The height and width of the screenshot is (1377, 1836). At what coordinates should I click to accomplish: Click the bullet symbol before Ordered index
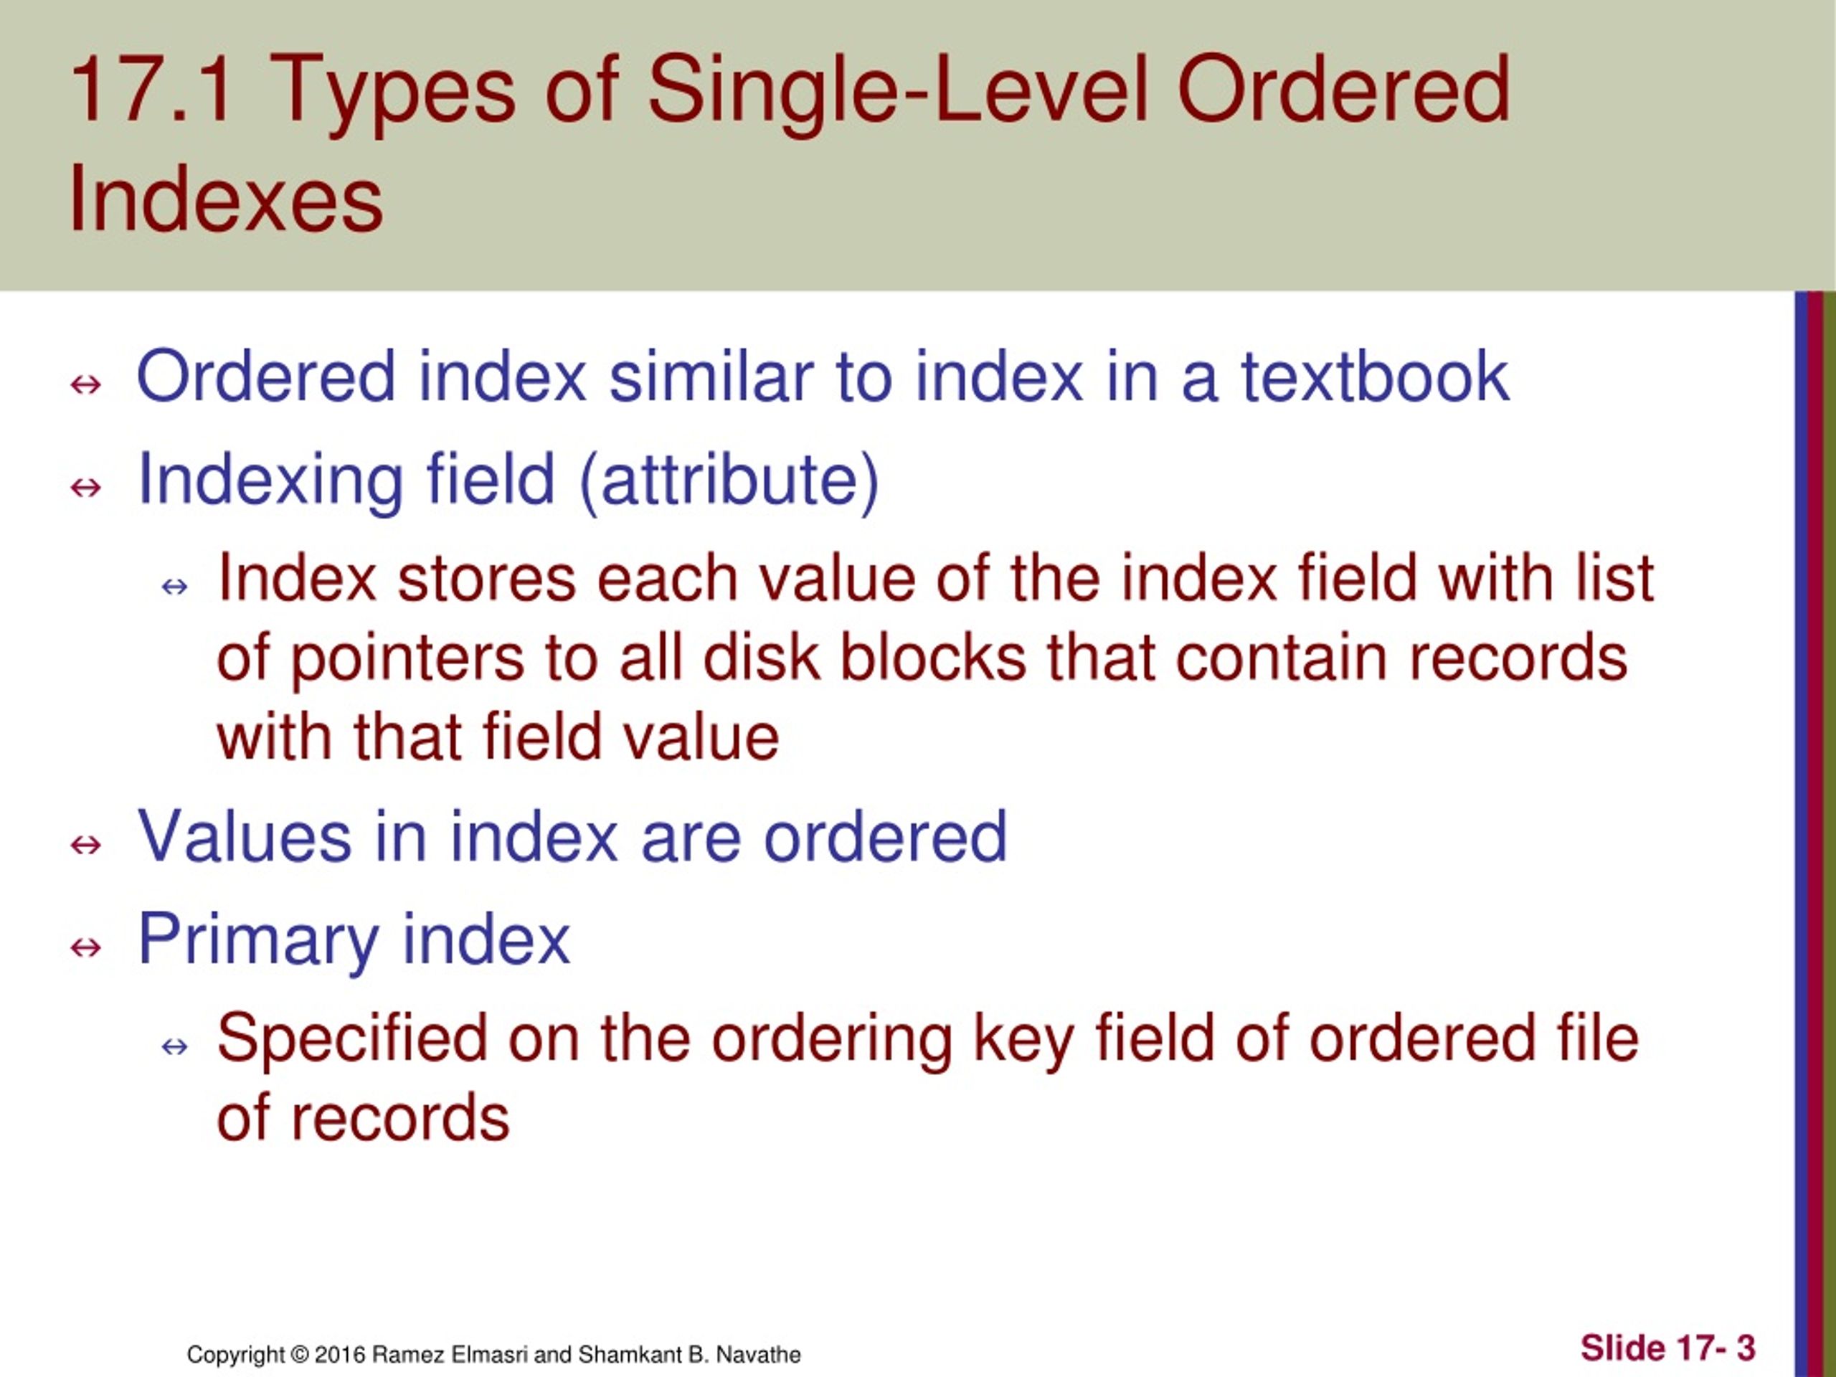[86, 384]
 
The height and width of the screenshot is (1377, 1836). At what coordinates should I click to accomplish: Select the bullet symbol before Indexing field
[86, 487]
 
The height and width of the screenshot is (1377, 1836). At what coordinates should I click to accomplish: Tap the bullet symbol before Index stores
[175, 587]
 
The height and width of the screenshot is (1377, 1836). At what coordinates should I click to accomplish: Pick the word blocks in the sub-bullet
[933, 658]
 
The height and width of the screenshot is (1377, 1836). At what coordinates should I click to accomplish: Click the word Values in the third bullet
[244, 837]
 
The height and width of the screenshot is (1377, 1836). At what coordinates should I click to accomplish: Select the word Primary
[257, 940]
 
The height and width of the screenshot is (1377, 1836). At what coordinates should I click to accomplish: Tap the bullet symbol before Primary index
[86, 947]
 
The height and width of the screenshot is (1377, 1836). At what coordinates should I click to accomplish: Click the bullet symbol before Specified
[175, 1046]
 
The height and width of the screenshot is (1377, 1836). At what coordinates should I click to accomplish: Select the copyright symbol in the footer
[299, 1355]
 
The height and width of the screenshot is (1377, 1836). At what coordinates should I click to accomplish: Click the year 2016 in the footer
[341, 1355]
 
